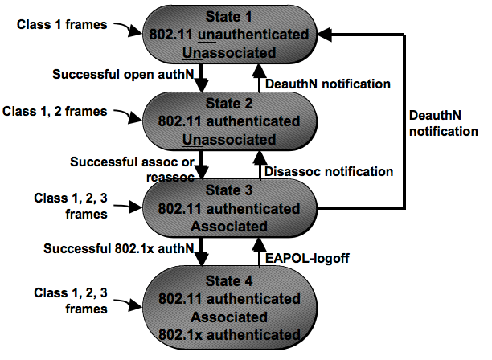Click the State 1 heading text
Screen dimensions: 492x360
229,17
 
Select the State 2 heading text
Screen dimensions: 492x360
229,104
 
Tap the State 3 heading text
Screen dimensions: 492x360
229,190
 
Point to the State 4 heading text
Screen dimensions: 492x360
229,280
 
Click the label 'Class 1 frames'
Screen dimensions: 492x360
62,24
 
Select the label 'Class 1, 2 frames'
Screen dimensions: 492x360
55,112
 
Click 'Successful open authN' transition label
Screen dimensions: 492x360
123,74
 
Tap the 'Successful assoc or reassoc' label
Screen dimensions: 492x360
133,170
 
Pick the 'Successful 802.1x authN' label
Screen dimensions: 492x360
119,248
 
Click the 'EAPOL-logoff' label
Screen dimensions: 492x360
307,259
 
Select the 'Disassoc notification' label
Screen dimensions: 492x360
329,171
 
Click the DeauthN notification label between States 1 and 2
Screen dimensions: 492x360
328,84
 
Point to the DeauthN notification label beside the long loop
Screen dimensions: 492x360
444,123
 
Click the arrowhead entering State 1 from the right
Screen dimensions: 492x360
325,35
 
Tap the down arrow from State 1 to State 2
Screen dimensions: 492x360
201,78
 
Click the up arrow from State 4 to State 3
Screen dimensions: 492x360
259,252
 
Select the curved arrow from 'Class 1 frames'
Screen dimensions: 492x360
128,29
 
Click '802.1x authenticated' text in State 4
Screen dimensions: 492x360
229,335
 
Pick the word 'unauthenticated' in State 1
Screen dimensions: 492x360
253,35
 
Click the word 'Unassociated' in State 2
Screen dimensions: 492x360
229,140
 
